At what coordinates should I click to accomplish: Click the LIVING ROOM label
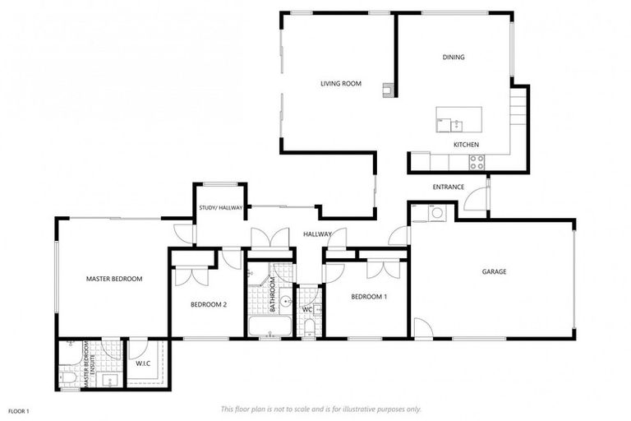[340, 83]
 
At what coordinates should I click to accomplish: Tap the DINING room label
[453, 57]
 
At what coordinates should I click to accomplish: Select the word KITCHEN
[466, 145]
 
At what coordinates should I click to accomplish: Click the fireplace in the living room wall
[387, 90]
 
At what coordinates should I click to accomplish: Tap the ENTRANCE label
[449, 187]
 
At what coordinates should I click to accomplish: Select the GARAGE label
[494, 271]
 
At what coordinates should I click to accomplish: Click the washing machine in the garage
[436, 214]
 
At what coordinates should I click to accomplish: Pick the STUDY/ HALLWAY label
[220, 207]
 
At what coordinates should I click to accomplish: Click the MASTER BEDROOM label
[114, 279]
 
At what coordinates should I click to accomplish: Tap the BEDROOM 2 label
[208, 304]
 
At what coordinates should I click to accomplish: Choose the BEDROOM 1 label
[368, 296]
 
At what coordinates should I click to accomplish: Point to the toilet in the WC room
[309, 327]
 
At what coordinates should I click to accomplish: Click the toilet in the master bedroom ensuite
[70, 377]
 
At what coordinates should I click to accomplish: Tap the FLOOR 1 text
[19, 410]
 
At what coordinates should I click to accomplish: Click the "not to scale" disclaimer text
[320, 409]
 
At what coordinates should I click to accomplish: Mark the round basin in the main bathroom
[285, 302]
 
